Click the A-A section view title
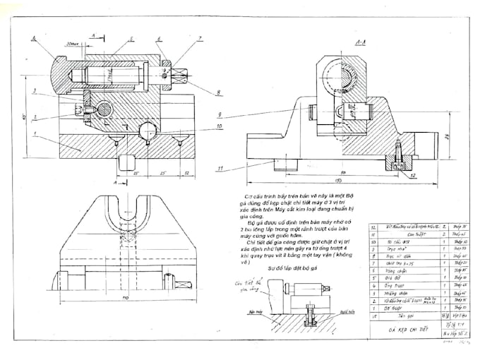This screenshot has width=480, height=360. (361, 43)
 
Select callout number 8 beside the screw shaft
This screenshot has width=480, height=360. (218, 92)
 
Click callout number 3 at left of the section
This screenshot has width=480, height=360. (34, 90)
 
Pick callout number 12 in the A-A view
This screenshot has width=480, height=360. (413, 174)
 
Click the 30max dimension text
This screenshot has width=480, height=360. (71, 44)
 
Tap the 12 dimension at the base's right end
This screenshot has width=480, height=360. (185, 172)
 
